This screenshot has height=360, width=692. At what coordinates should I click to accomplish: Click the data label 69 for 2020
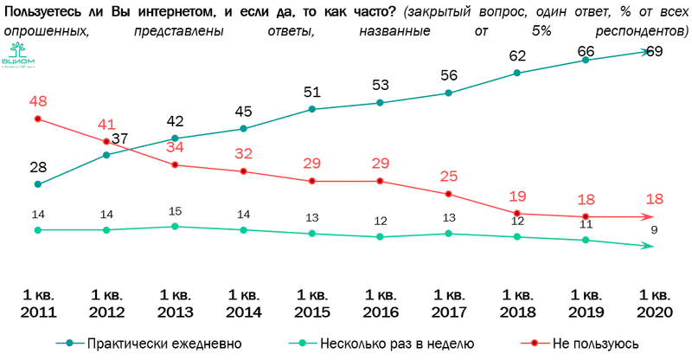655,52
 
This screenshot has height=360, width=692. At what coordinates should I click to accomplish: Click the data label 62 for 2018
517,56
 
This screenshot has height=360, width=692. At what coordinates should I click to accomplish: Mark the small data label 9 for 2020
655,229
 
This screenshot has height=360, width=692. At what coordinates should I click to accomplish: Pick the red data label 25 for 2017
448,177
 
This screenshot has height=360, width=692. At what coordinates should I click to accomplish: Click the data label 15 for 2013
174,211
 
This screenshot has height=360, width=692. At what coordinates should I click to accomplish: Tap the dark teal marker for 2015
311,109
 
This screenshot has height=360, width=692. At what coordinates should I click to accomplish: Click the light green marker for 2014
243,230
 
